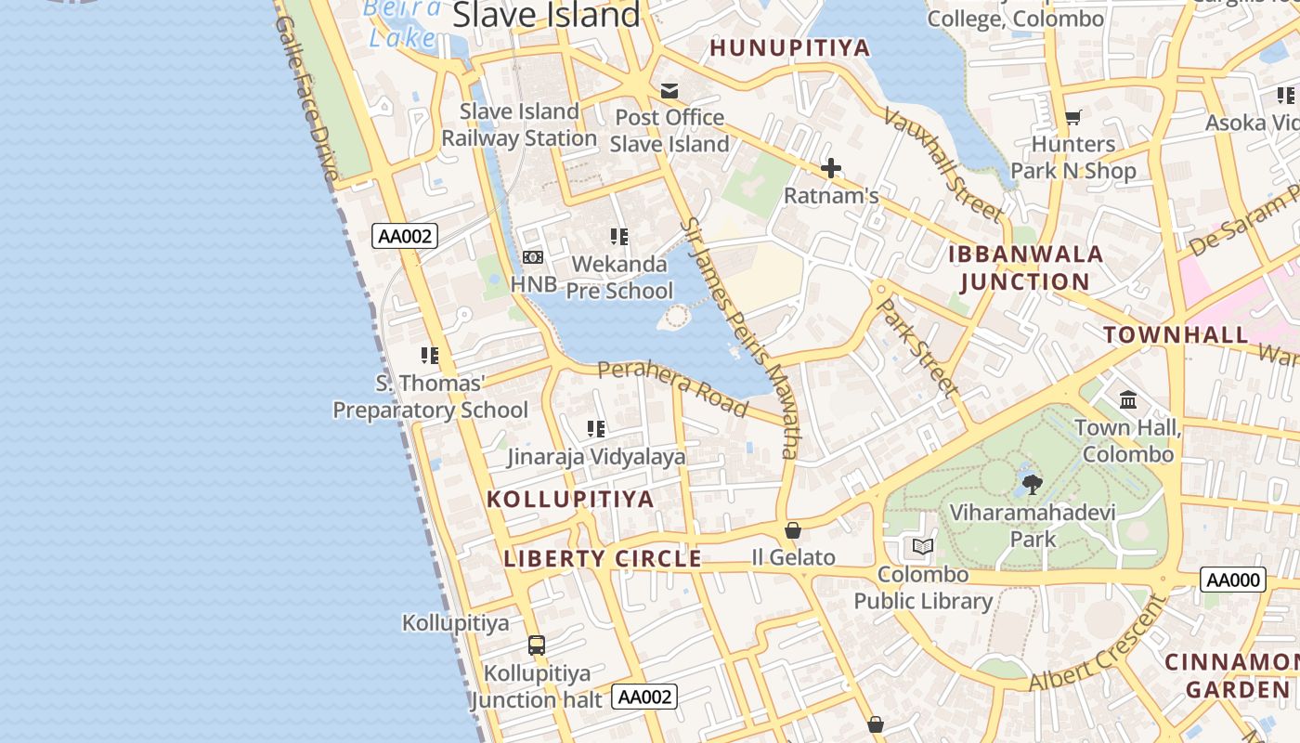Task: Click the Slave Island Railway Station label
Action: tap(519, 124)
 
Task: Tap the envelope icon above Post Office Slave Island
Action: tap(669, 90)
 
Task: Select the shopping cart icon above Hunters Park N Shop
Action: tap(1073, 117)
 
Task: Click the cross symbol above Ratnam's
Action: tap(831, 168)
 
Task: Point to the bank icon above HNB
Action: tap(533, 257)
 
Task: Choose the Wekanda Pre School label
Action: tap(619, 277)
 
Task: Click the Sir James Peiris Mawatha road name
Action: tap(739, 338)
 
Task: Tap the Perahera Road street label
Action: tap(672, 387)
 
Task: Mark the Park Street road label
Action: tap(917, 346)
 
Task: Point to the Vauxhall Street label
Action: tap(943, 165)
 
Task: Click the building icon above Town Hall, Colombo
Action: tap(1128, 399)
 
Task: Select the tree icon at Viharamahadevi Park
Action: tap(1032, 484)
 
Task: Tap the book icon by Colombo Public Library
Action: tap(923, 546)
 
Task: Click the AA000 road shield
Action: tap(1233, 580)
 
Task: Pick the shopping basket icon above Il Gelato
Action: tap(793, 530)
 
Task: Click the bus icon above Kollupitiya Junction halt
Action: tap(537, 645)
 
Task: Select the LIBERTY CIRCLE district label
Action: tap(602, 559)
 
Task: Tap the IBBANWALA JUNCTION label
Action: tap(1025, 267)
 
